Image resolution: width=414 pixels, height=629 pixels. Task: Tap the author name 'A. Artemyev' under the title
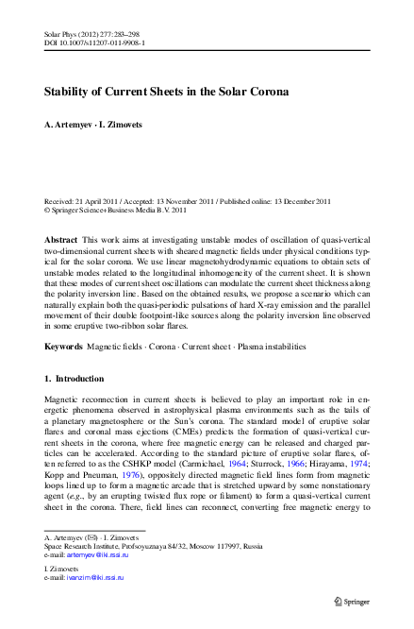coord(71,126)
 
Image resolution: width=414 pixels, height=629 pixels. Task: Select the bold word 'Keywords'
coord(64,348)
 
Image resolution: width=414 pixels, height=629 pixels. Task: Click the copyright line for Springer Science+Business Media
coord(122,211)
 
